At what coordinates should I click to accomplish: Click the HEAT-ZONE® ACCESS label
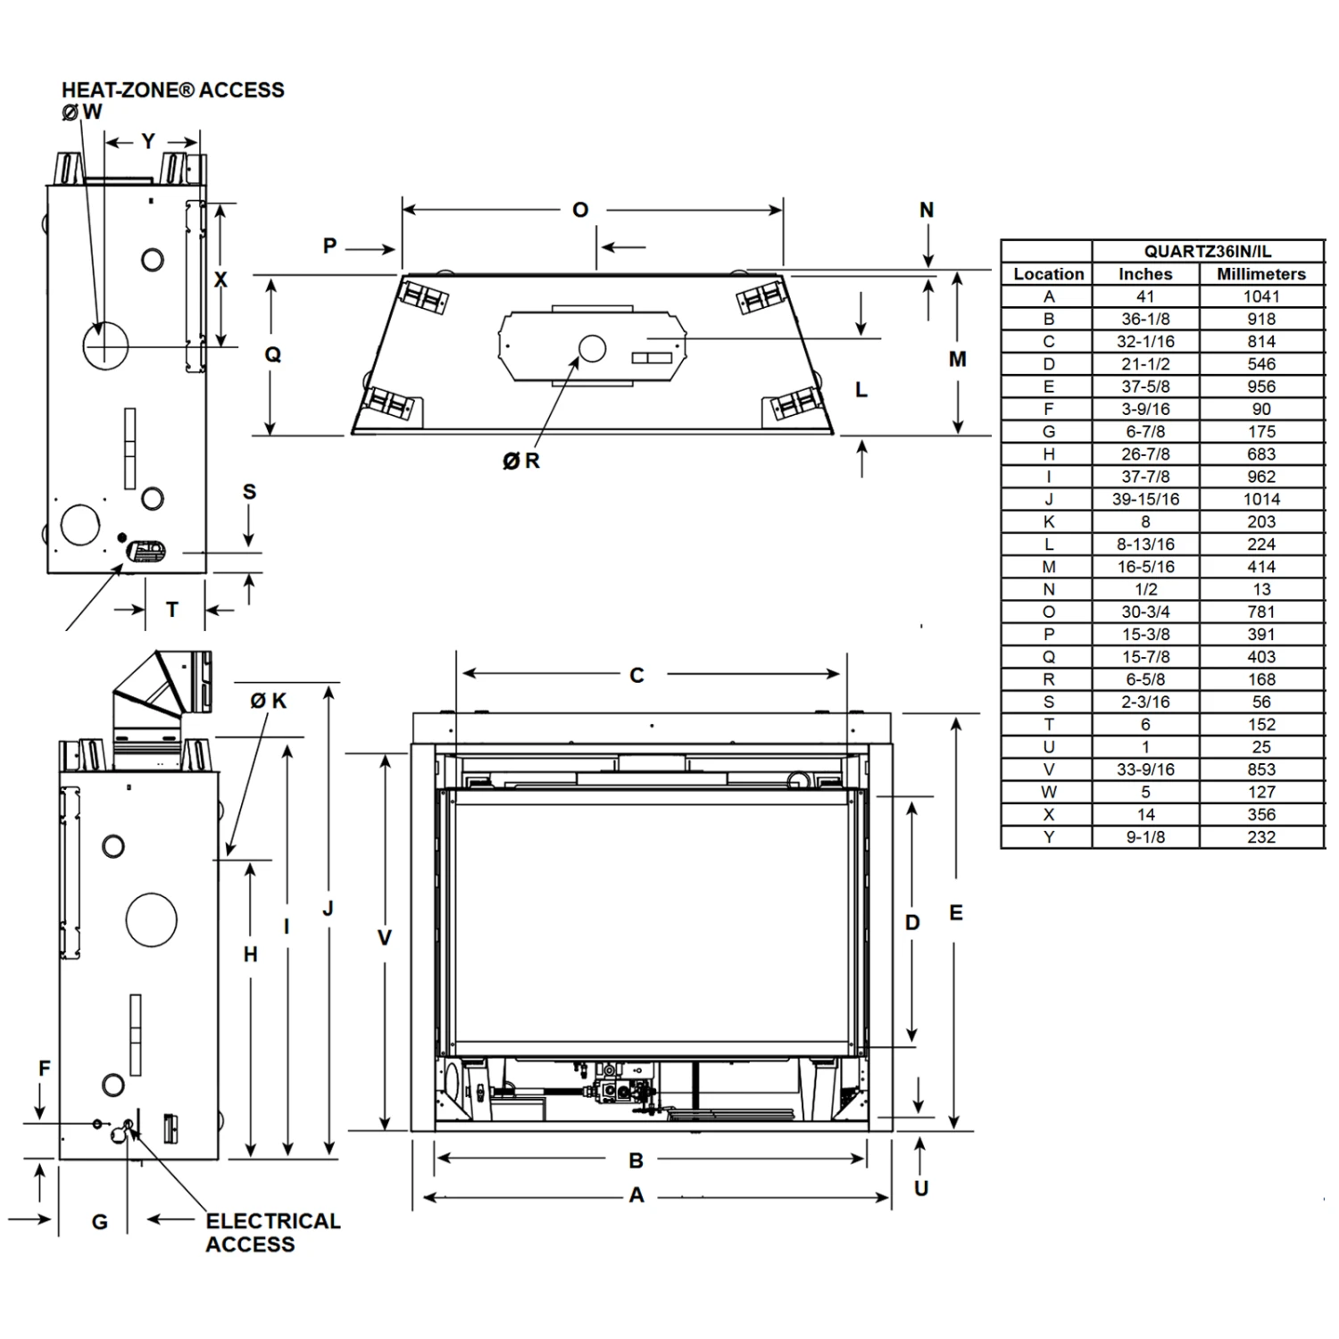(172, 90)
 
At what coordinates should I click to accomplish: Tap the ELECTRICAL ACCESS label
(272, 1232)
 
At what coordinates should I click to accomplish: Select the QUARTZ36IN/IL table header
(1207, 252)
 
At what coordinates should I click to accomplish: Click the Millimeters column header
(1260, 274)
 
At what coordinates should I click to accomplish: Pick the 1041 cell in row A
(1260, 296)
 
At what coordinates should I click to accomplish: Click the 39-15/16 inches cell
(1145, 499)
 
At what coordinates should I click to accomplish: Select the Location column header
(1048, 274)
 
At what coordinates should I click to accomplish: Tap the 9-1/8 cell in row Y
(1145, 836)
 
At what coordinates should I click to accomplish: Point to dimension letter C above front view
(636, 676)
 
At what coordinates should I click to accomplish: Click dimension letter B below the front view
(636, 1160)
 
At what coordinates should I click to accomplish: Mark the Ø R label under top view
(521, 461)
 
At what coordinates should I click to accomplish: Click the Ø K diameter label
(269, 701)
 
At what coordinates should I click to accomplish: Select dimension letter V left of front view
(384, 937)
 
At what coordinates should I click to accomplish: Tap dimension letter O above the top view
(580, 210)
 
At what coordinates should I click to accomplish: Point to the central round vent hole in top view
(592, 348)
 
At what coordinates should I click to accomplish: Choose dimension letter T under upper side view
(172, 610)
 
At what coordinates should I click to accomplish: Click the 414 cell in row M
(1260, 567)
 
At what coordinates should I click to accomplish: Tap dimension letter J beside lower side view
(328, 909)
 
